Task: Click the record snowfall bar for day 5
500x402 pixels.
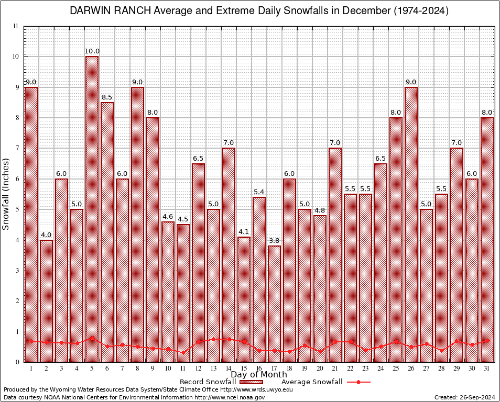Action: coord(92,209)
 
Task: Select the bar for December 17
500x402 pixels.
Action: coord(275,304)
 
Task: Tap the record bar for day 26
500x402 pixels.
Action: coord(411,225)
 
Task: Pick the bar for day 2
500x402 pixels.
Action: coord(46,301)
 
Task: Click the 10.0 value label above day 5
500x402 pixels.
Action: coord(92,51)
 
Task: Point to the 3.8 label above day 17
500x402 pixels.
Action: coord(275,241)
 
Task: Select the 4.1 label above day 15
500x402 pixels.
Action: coord(244,232)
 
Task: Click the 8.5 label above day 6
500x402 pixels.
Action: coord(107,97)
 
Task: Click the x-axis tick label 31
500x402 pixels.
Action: coord(487,368)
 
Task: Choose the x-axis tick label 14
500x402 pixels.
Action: coord(229,368)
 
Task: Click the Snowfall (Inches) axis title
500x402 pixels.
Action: coord(6,194)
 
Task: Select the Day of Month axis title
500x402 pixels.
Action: coord(259,375)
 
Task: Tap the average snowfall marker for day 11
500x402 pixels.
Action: coord(183,352)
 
